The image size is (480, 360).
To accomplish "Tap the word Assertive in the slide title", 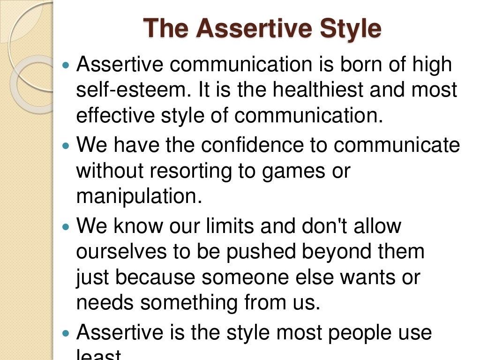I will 255,29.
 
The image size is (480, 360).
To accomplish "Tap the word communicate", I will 397,145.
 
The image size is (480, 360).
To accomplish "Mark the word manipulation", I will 139,197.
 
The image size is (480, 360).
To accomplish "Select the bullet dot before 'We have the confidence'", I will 65,146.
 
